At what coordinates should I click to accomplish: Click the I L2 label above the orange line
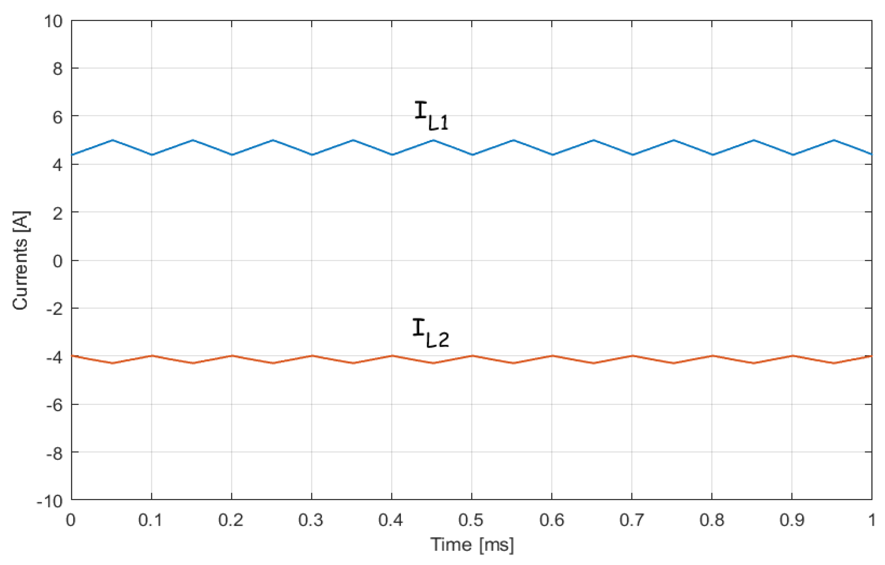430,332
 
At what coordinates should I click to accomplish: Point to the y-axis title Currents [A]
20,260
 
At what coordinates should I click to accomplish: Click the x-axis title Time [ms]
472,544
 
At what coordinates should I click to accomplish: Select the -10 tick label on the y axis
50,501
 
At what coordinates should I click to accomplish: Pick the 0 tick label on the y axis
57,261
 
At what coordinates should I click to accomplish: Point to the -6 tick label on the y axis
54,405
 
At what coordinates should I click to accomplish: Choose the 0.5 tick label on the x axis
471,520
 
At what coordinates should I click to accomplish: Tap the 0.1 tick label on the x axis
150,520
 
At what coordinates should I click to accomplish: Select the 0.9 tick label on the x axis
791,520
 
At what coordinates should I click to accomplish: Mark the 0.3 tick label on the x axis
311,520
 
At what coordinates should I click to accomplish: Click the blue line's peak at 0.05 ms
113,140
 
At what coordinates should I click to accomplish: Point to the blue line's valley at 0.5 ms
472,155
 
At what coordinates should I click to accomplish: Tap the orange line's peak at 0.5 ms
472,355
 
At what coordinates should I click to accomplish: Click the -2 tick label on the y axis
54,309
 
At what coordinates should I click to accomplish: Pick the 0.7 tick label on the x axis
631,520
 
